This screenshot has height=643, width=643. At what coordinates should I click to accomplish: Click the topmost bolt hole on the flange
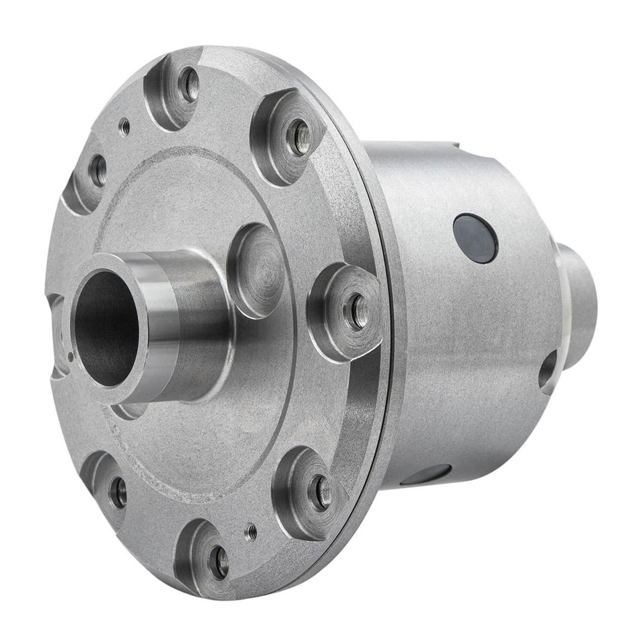(188, 84)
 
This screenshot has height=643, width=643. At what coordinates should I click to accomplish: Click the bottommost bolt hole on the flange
(219, 562)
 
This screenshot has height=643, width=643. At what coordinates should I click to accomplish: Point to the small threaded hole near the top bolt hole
(125, 127)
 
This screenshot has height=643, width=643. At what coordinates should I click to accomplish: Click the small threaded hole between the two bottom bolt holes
(251, 532)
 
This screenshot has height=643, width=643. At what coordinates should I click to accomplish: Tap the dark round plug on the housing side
(475, 239)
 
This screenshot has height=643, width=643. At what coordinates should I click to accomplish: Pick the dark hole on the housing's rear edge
(548, 372)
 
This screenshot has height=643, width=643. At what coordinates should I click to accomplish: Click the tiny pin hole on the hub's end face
(71, 357)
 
